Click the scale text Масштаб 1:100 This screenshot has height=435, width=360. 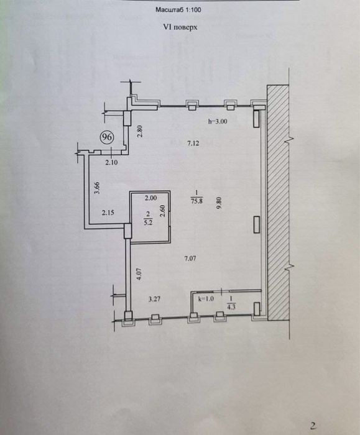click(x=178, y=10)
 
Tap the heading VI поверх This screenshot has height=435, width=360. click(x=180, y=27)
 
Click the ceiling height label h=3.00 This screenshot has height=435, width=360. click(x=218, y=121)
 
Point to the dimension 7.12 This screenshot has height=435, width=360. click(x=193, y=143)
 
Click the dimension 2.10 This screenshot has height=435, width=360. click(x=111, y=163)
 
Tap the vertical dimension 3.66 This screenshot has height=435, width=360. click(x=97, y=188)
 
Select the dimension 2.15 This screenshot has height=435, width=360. click(x=108, y=213)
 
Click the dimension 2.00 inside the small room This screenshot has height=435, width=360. click(x=150, y=198)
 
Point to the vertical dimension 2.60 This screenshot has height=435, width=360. click(x=163, y=211)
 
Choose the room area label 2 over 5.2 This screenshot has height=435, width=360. click(x=148, y=217)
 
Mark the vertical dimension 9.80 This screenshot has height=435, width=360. click(x=219, y=203)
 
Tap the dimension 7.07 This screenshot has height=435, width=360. click(x=190, y=259)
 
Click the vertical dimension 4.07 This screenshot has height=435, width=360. click(x=139, y=274)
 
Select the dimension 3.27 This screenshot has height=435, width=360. click(x=154, y=299)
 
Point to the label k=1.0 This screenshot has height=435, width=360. click(x=206, y=299)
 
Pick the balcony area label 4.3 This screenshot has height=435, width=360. click(x=231, y=307)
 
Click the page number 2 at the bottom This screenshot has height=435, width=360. click(x=313, y=426)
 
